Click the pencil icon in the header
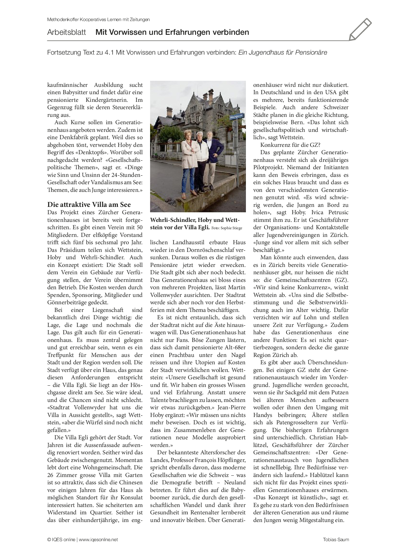pos(360,29)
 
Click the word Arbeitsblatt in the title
pos(66,32)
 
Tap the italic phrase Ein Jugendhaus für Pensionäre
pos(283,53)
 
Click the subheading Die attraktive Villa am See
pos(89,205)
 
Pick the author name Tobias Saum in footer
pos(336,540)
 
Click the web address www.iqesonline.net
pos(98,540)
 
